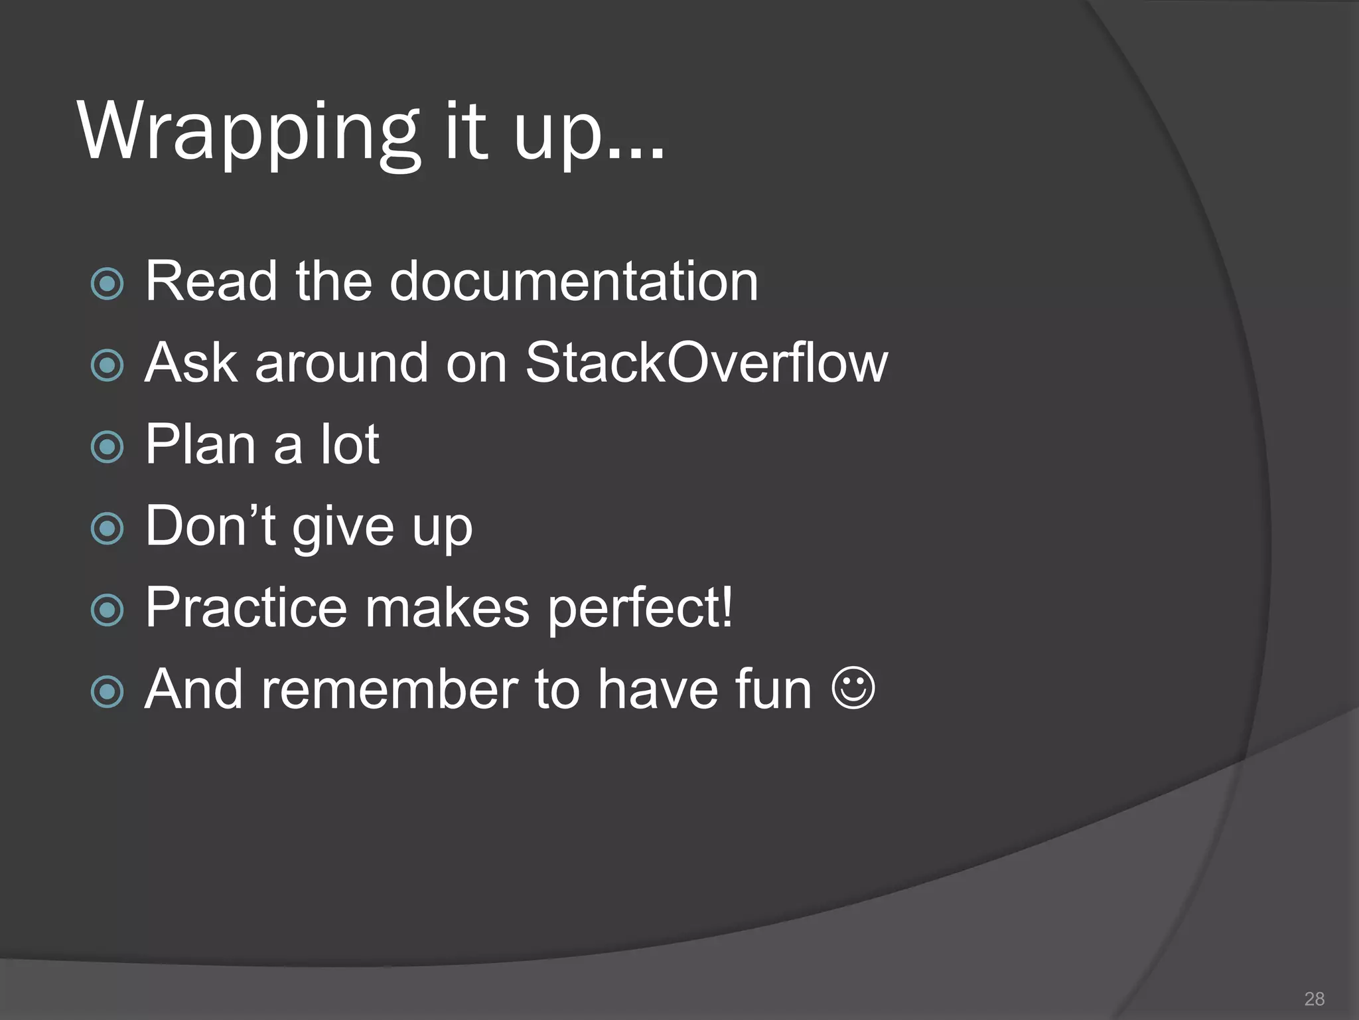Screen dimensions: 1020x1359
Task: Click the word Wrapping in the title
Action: [249, 133]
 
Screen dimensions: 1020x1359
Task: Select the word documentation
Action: [573, 282]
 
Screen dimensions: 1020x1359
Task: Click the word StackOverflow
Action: [706, 363]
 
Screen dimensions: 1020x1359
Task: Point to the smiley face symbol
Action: [853, 688]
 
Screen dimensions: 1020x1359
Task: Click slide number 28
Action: [1314, 998]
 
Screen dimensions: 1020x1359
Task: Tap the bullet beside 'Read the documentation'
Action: [107, 284]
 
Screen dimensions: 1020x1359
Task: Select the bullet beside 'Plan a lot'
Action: [107, 447]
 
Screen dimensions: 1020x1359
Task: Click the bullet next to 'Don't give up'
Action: [107, 529]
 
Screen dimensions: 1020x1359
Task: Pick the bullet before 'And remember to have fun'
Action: [107, 691]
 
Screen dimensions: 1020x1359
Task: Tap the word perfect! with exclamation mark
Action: [640, 610]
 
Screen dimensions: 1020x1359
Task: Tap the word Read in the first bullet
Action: [211, 282]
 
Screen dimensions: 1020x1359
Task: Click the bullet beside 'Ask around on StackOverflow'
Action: [107, 365]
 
